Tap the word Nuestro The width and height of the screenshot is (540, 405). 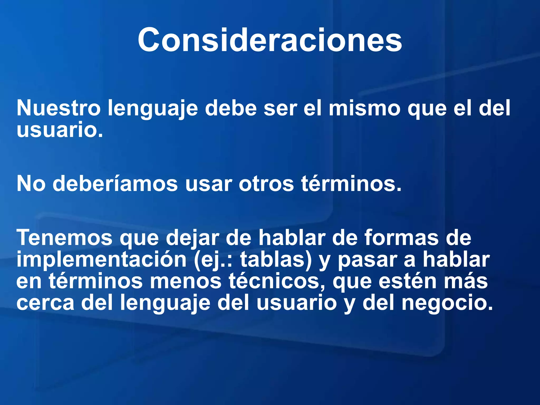(59, 108)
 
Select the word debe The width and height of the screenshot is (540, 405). (231, 108)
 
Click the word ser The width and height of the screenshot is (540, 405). (280, 108)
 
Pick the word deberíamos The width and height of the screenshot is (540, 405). (115, 184)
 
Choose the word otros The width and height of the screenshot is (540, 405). (266, 184)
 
